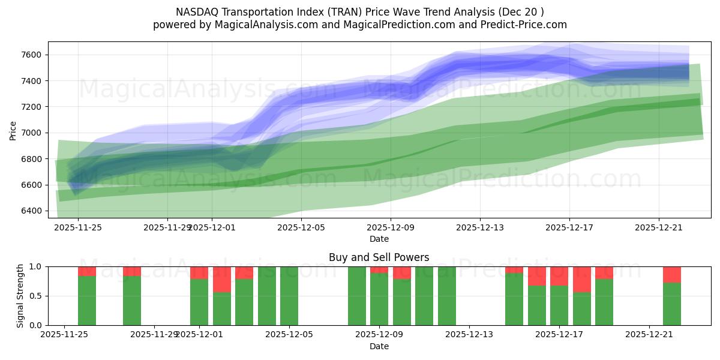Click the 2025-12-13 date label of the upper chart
[479, 227]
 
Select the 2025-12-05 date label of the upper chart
[301, 227]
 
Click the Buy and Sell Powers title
[379, 257]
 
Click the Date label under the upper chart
[379, 239]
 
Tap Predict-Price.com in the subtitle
[526, 25]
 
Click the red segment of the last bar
[672, 274]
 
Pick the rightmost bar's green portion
[672, 304]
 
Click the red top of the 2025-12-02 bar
[222, 279]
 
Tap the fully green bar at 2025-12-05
[289, 296]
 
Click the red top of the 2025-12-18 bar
[582, 279]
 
